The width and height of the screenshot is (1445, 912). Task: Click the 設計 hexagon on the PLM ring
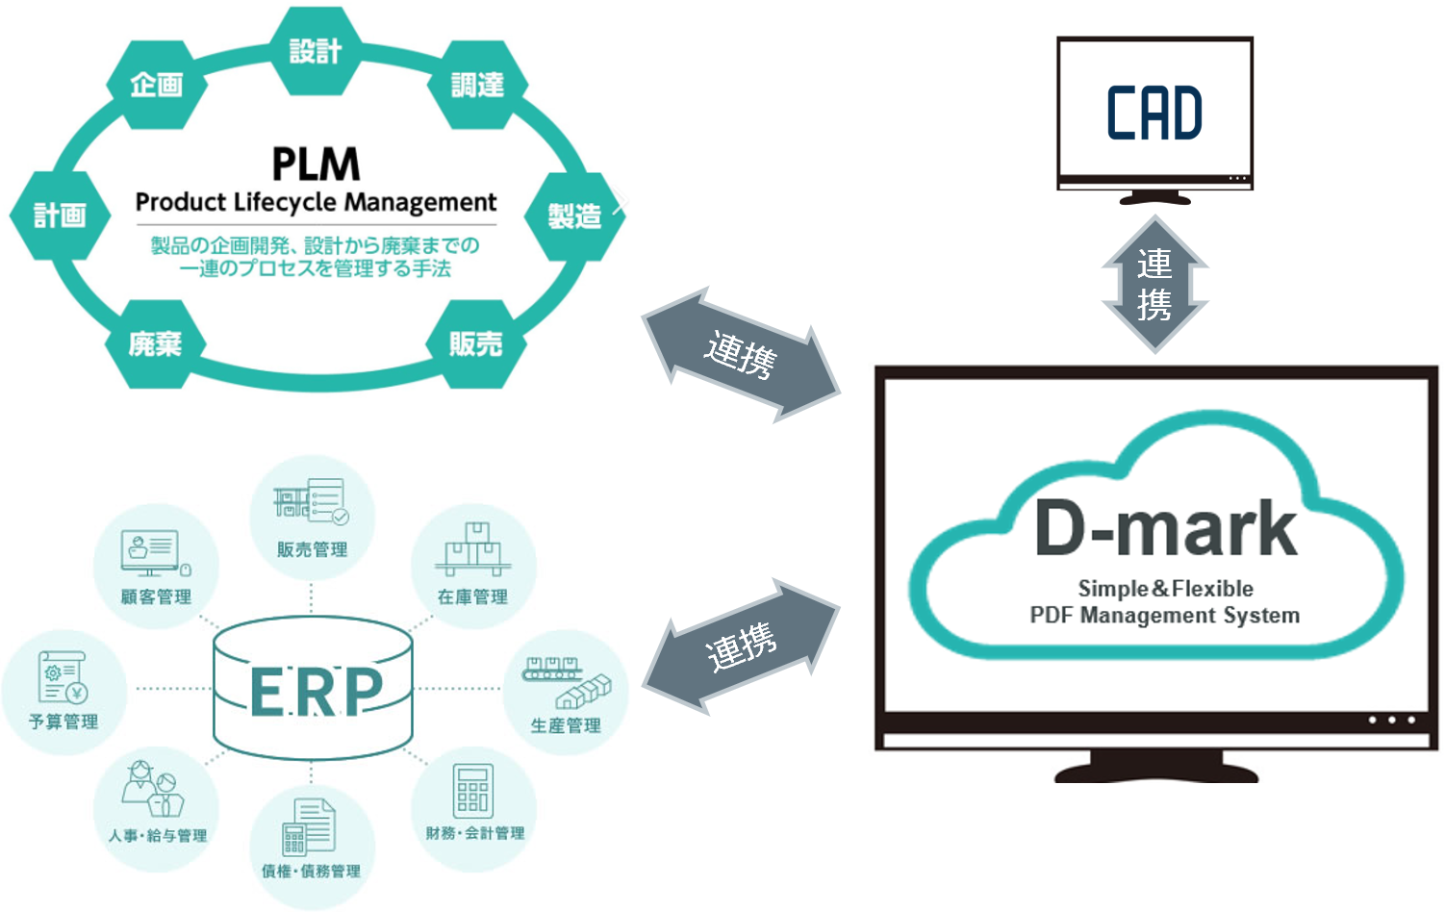pos(316,51)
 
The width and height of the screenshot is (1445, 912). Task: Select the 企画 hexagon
pos(157,85)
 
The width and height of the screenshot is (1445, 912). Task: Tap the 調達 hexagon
pos(477,85)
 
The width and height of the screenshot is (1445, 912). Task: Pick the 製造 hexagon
pos(574,215)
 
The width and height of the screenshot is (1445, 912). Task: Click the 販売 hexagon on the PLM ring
pos(476,343)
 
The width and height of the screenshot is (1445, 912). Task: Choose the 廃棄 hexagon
pos(156,343)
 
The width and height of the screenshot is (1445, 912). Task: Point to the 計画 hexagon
pos(60,215)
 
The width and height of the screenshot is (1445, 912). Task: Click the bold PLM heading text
pos(316,165)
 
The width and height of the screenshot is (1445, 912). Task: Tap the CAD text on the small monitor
pos(1154,114)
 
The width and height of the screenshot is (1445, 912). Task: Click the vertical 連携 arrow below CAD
pos(1154,284)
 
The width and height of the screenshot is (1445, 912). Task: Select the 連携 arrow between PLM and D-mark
pos(741,354)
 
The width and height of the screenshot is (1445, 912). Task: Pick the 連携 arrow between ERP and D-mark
pos(741,646)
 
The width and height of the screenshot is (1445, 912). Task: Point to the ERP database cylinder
pos(313,689)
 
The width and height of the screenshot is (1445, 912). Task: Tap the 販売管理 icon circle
pos(312,520)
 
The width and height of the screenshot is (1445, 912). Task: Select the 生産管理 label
pos(566,725)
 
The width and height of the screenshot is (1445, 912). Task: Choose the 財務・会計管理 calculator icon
pos(473,791)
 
